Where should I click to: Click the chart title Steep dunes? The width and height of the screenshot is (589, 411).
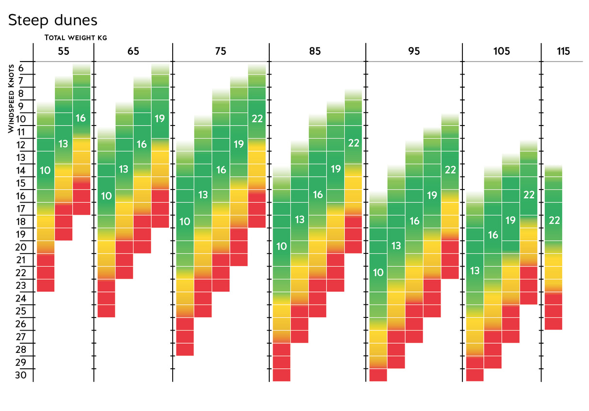pyautogui.click(x=53, y=20)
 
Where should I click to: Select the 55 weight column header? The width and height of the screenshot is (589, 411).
pyautogui.click(x=64, y=51)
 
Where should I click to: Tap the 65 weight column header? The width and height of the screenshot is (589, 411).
pyautogui.click(x=133, y=51)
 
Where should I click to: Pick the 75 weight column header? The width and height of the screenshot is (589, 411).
pyautogui.click(x=220, y=51)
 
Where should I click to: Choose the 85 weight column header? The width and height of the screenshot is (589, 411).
pyautogui.click(x=314, y=51)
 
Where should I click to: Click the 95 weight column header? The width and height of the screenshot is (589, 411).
pyautogui.click(x=414, y=51)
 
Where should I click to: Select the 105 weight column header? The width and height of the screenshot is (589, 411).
pyautogui.click(x=502, y=51)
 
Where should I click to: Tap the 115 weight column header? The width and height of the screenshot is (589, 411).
pyautogui.click(x=563, y=51)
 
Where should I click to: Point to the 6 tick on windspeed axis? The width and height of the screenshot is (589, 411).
pyautogui.click(x=21, y=68)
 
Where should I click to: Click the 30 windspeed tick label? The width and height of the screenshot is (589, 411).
pyautogui.click(x=21, y=375)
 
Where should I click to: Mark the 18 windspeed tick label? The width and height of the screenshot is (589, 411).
pyautogui.click(x=21, y=221)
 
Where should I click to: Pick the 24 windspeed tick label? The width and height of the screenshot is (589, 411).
pyautogui.click(x=21, y=299)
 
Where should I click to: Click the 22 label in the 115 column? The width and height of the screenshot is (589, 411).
pyautogui.click(x=554, y=221)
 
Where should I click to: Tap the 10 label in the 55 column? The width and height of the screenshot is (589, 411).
pyautogui.click(x=45, y=170)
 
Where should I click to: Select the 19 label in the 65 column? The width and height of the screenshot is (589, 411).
pyautogui.click(x=160, y=118)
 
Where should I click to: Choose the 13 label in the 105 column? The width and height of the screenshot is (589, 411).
pyautogui.click(x=474, y=270)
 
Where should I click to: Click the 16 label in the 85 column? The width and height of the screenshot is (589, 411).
pyautogui.click(x=318, y=195)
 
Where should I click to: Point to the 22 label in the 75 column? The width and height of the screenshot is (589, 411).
pyautogui.click(x=257, y=118)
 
